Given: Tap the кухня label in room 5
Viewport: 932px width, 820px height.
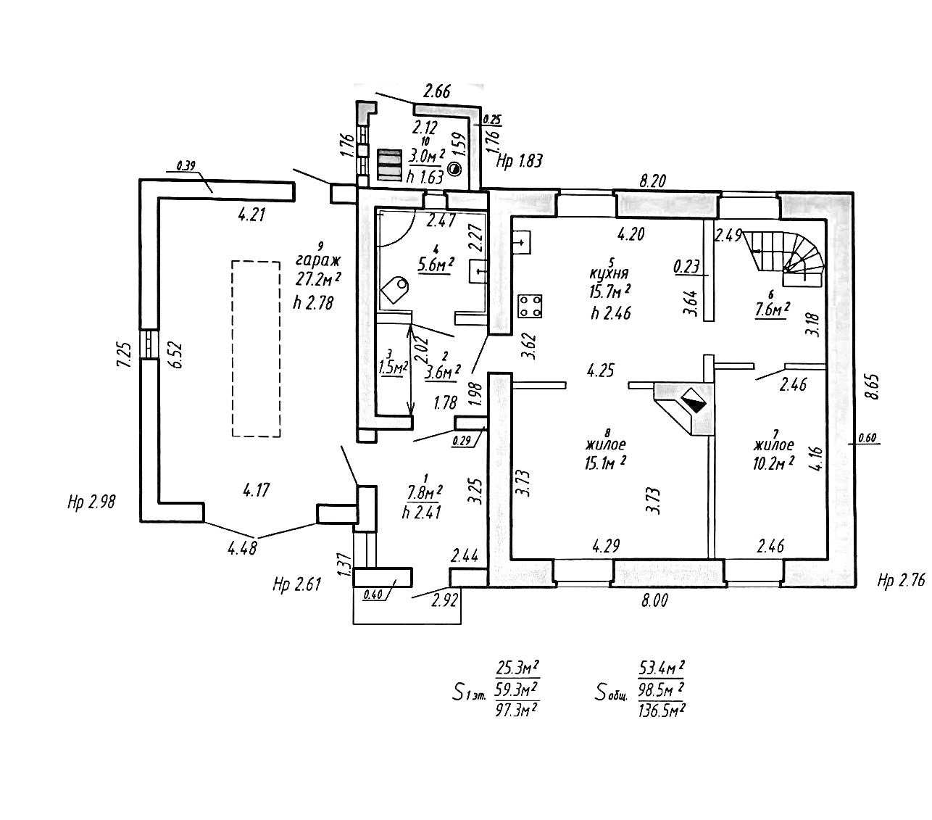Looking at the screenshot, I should click(x=608, y=275).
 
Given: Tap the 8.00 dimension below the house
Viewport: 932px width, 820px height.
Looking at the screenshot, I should click(x=653, y=600).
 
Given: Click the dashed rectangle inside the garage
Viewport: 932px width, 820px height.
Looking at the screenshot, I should click(x=256, y=349).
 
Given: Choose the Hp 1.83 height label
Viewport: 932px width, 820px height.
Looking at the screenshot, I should click(x=519, y=160).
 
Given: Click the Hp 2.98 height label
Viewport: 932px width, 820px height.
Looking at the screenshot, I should click(x=91, y=502).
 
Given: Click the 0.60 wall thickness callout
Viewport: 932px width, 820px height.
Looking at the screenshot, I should click(x=867, y=438).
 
